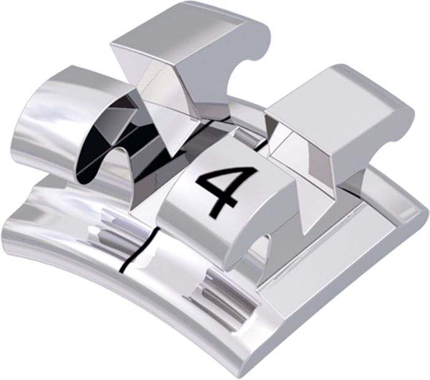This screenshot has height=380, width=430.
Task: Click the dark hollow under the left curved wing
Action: click(93, 154)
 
